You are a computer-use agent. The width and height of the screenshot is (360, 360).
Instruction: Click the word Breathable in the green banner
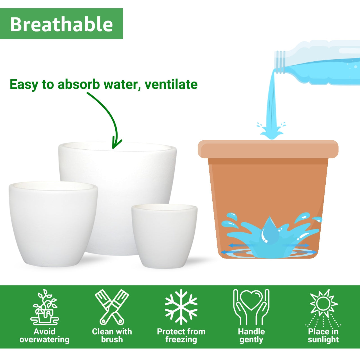tap(62, 24)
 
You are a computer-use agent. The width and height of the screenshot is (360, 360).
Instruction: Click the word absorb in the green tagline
tap(78, 84)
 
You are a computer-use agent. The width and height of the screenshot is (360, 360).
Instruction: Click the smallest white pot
tap(165, 236)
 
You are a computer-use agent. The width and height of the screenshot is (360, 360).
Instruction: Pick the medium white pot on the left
tap(53, 223)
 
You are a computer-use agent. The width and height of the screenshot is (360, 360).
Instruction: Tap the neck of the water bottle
tap(280, 62)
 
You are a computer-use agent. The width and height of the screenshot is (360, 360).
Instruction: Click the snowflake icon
tap(181, 307)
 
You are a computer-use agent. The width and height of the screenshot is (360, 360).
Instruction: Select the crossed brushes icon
tap(112, 307)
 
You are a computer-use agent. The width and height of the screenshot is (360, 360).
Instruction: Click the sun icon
tap(323, 303)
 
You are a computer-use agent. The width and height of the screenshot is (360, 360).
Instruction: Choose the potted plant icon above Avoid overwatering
tap(45, 307)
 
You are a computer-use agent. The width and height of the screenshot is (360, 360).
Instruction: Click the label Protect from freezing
tap(181, 336)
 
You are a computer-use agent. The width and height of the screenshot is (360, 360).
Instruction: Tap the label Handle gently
tap(251, 336)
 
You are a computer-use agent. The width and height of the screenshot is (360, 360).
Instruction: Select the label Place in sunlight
tap(323, 336)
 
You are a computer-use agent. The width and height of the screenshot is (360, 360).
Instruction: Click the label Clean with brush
tap(112, 336)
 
